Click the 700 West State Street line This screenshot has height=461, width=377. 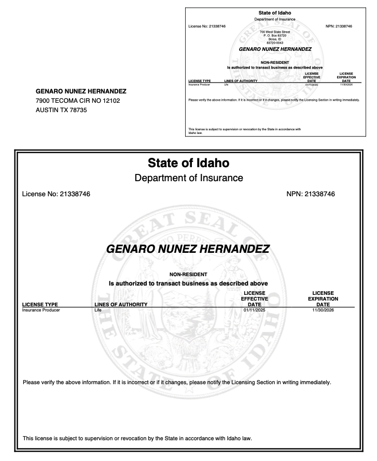point(275,32)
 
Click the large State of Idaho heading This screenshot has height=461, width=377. point(188,164)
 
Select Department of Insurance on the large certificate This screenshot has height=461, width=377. point(188,178)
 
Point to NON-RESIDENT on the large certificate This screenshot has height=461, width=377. point(188,274)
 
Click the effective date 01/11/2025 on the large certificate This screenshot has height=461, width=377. point(254,310)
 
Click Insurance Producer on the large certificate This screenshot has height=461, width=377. point(41,310)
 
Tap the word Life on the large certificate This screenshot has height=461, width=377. point(97,310)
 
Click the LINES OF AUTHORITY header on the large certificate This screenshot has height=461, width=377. point(121,304)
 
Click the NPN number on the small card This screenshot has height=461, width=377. point(339,26)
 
